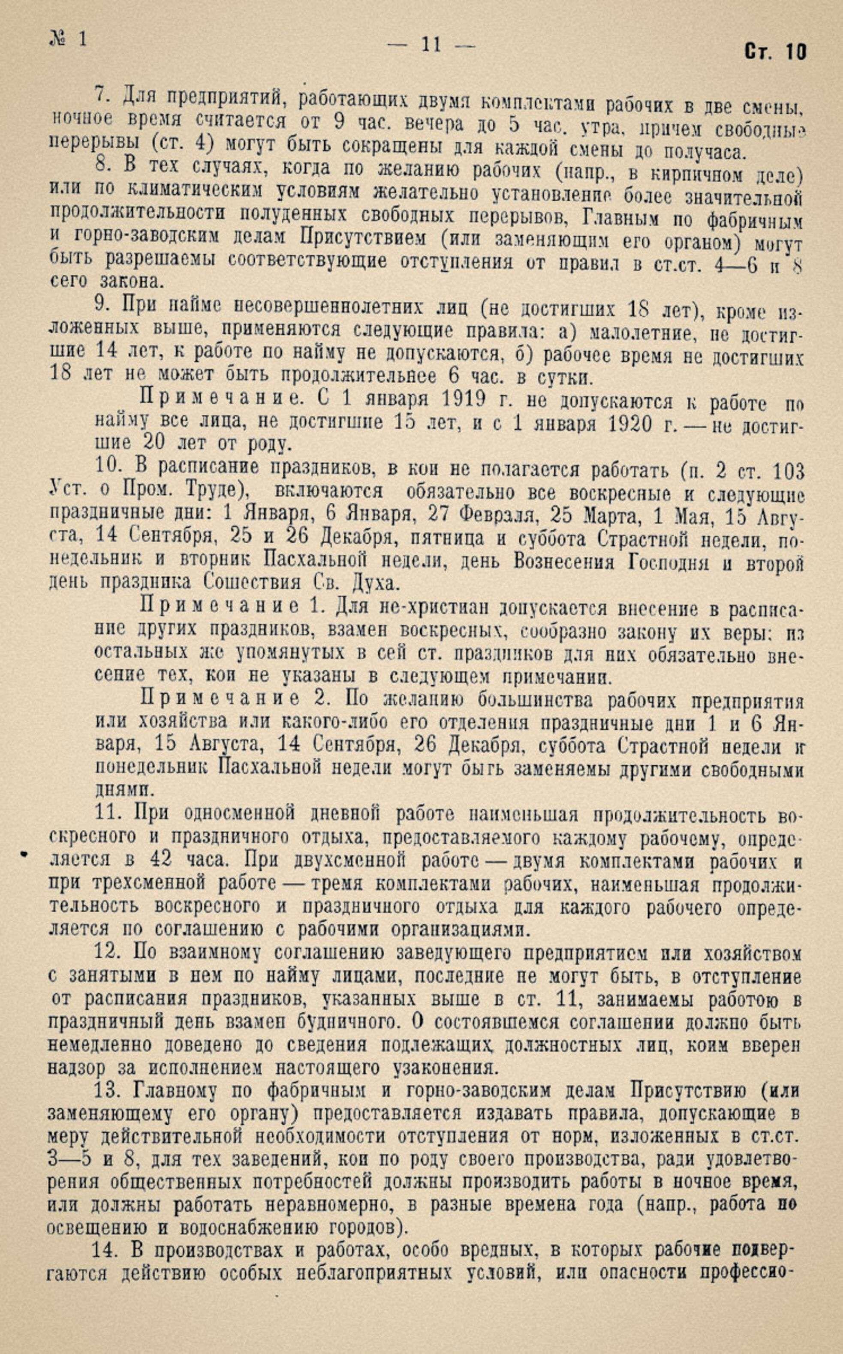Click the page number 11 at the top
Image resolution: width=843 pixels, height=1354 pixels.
click(x=432, y=43)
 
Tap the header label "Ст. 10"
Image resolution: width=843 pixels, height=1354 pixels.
click(x=775, y=52)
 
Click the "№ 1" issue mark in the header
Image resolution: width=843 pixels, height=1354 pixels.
click(x=69, y=39)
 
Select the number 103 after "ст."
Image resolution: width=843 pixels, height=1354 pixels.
click(x=786, y=473)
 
